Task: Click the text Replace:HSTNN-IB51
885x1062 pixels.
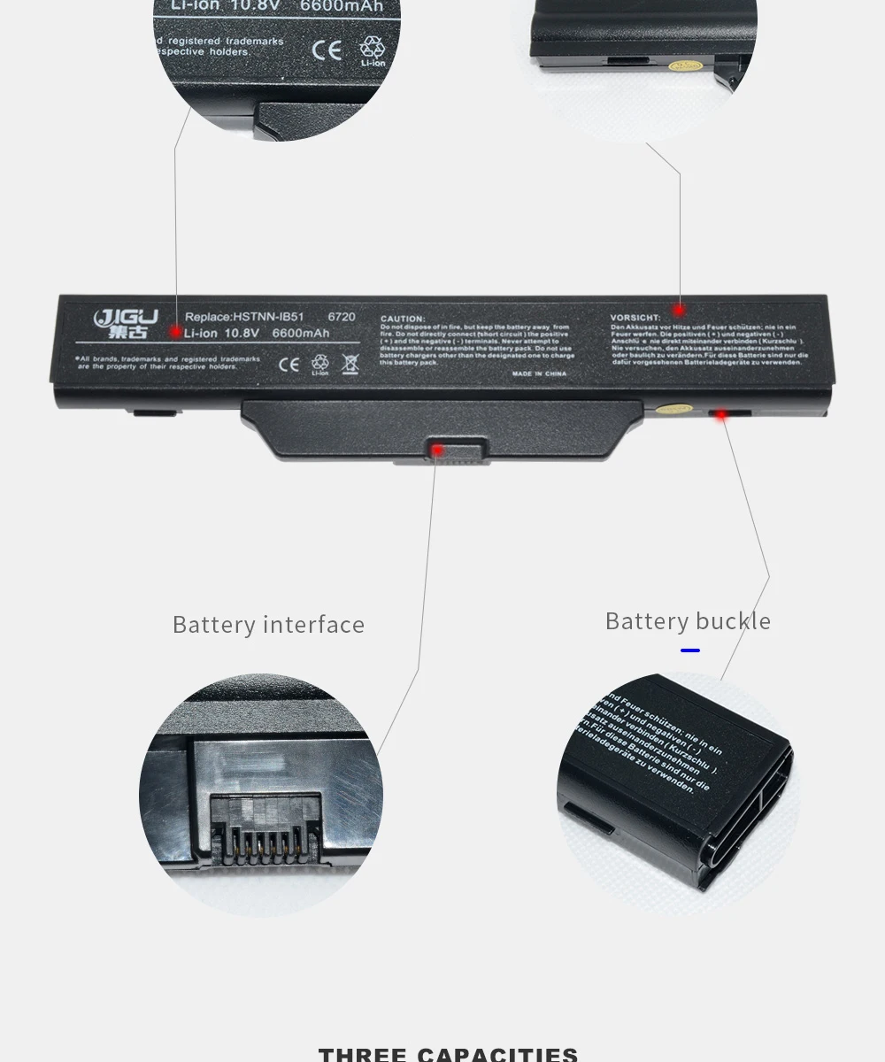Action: [x=243, y=316]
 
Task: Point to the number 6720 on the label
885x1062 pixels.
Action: [x=341, y=316]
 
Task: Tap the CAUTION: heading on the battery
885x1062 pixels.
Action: [x=402, y=319]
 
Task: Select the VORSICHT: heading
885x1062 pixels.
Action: [x=635, y=318]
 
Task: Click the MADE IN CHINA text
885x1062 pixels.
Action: [x=539, y=374]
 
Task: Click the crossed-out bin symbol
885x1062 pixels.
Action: [x=350, y=363]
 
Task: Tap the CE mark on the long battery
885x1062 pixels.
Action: [x=289, y=363]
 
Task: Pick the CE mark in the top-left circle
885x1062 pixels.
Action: [x=327, y=50]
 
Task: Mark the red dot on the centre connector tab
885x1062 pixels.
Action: [x=437, y=450]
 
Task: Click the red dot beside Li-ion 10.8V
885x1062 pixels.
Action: [x=176, y=333]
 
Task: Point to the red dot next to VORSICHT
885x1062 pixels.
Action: [x=679, y=310]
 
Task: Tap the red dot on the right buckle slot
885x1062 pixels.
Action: [x=721, y=413]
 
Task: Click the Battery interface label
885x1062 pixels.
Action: [x=268, y=625]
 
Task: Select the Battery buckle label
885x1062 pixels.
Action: [x=688, y=621]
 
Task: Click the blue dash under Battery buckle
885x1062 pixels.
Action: [x=690, y=650]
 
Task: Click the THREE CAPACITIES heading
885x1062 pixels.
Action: [x=448, y=1053]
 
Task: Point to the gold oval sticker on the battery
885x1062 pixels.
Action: [x=675, y=410]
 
